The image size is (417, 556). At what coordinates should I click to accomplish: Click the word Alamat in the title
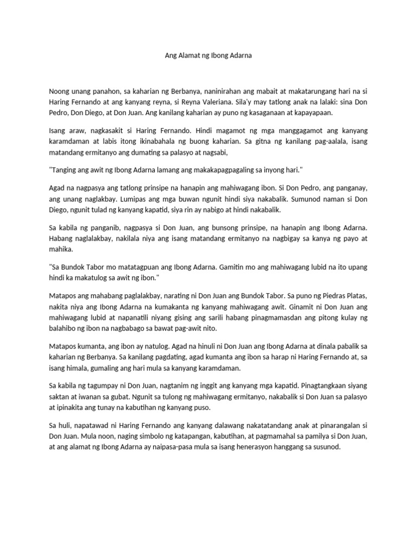[190, 55]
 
